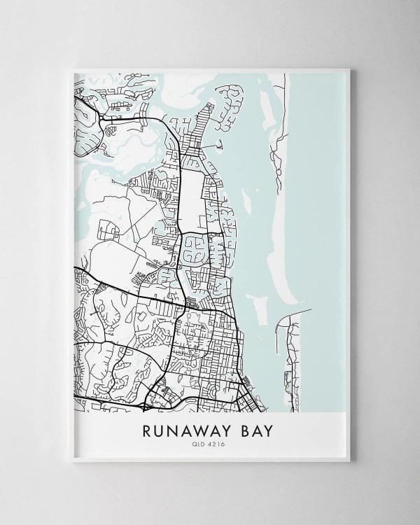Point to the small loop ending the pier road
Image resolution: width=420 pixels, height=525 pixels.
coord(218,146)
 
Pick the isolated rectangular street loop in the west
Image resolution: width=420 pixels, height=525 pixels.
coord(108,229)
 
